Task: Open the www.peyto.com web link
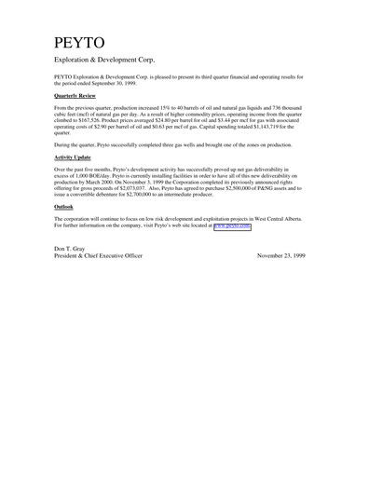click(233, 226)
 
